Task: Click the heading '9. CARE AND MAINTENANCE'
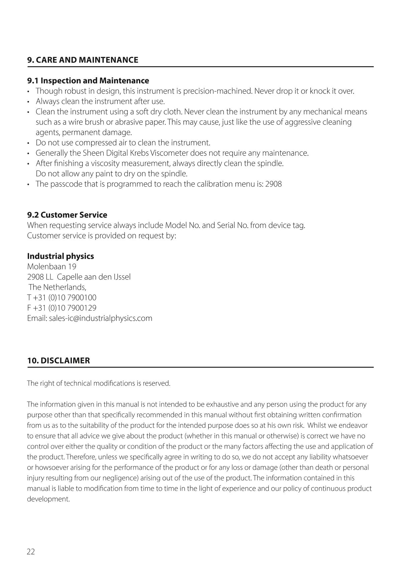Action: [83, 60]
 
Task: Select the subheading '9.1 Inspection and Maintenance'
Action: [88, 81]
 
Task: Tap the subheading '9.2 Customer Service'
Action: [67, 215]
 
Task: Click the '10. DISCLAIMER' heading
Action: [58, 360]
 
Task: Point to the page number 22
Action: [31, 552]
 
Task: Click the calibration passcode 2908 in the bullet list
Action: [273, 184]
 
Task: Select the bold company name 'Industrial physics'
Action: [60, 256]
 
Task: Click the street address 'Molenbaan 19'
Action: [51, 266]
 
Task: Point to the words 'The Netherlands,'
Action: [57, 287]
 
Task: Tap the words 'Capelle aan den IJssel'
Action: [94, 277]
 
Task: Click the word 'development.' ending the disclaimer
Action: [48, 499]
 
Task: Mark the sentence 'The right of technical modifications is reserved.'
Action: [99, 383]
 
